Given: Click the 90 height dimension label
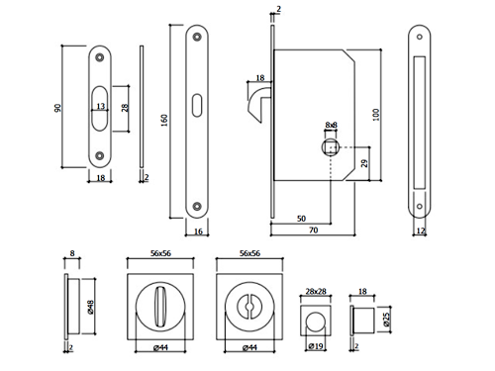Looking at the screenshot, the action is coord(57,108).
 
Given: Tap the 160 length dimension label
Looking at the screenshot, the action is coord(164,120).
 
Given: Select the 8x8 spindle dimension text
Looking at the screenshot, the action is coord(331,125).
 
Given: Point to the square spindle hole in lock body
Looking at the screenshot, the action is coord(331,147).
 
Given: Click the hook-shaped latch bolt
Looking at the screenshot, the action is coord(260,102).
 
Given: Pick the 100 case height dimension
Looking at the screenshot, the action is coord(376,115).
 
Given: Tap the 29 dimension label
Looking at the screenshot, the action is coord(364,163).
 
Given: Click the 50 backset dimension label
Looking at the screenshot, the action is coord(301,219).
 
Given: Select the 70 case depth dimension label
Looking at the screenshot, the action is coord(314,230).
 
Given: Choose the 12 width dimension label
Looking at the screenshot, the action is coord(420,231).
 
